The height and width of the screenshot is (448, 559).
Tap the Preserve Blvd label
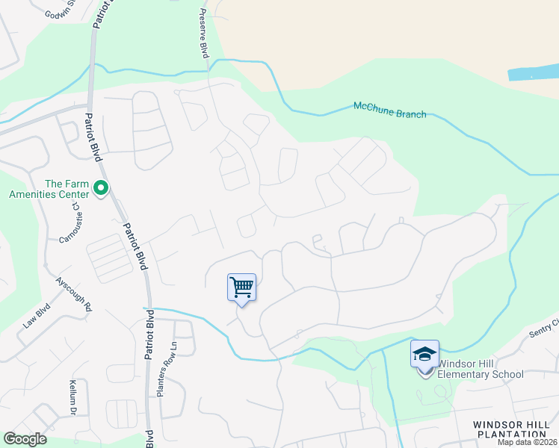coord(203,34)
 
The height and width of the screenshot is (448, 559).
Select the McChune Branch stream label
coord(389,110)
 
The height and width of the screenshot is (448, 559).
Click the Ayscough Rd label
coord(73,295)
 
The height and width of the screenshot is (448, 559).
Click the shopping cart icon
coord(241,287)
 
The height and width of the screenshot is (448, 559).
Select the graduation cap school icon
coord(424,354)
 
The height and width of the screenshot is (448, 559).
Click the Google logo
coord(25,438)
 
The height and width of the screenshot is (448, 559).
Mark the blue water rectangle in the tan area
coord(533,72)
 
